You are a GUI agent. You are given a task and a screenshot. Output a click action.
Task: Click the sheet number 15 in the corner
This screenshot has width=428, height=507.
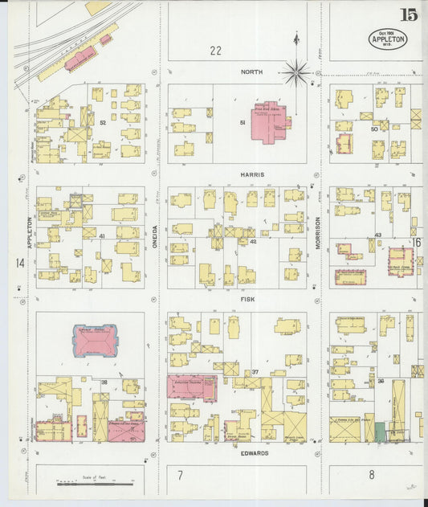(409, 14)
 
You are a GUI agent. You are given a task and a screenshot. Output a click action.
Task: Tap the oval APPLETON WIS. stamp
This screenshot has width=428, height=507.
(388, 38)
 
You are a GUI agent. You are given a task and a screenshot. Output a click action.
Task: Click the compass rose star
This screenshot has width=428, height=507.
(296, 73)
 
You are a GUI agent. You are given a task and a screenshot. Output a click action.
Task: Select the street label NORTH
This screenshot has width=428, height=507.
(251, 72)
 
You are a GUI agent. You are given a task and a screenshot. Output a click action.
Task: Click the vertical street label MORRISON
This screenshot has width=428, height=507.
(318, 232)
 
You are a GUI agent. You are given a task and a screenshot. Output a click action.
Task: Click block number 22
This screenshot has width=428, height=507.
(215, 51)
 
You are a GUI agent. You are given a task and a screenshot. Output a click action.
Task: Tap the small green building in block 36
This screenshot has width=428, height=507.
(379, 431)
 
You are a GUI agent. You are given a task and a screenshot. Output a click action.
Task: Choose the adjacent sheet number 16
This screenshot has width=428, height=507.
(417, 242)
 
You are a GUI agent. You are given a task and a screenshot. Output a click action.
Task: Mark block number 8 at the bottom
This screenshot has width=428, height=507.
(372, 475)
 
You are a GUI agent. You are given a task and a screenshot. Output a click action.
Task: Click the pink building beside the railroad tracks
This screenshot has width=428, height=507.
(80, 58)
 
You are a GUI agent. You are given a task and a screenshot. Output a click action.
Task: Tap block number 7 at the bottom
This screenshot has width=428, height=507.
(181, 475)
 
